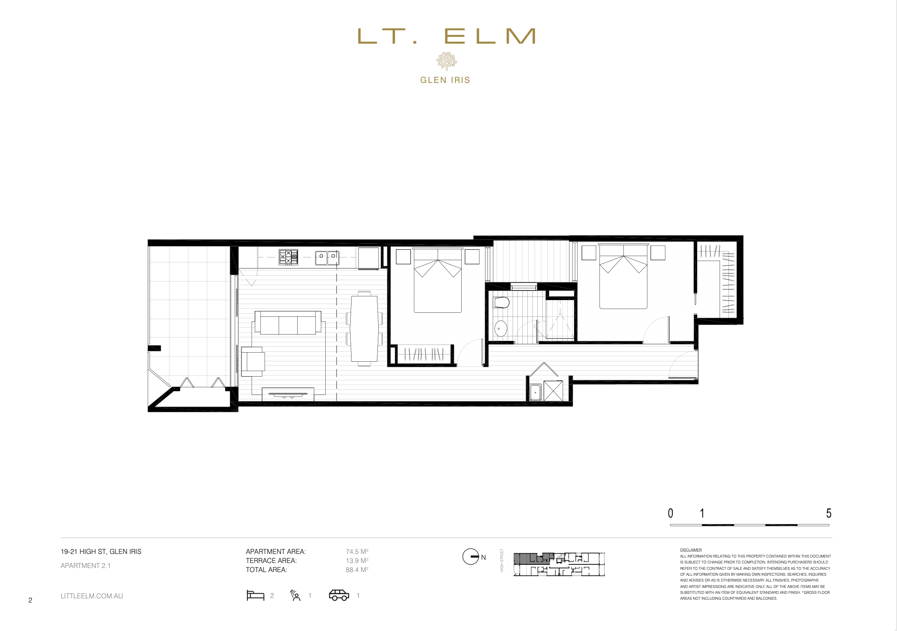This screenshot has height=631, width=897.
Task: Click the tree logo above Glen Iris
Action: coord(446,61)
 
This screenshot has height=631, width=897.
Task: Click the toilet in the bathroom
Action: coord(501,302)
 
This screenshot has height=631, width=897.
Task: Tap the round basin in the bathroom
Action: coord(501,328)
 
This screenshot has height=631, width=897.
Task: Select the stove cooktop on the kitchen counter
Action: coord(288,257)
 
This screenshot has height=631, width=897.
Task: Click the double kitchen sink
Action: coord(327,257)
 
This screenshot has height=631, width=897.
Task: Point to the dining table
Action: coord(364,329)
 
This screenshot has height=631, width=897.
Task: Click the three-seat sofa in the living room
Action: coord(288,323)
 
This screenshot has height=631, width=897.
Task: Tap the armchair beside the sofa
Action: coord(253,361)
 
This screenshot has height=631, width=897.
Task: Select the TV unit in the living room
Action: coord(288,394)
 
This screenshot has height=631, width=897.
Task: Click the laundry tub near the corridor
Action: coord(535,392)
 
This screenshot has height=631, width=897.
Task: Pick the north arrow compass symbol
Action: coord(471,557)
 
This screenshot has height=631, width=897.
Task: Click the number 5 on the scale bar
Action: coord(828,513)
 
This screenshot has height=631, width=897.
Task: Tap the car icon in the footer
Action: coord(339,595)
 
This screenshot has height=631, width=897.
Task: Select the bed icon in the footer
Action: coord(256,595)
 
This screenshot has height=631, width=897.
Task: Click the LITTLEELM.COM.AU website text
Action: coord(92,596)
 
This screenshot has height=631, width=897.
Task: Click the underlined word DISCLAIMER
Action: coord(690,550)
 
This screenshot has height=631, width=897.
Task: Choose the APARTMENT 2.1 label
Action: coord(86,566)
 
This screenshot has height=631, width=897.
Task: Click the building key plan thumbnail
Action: coord(559,564)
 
